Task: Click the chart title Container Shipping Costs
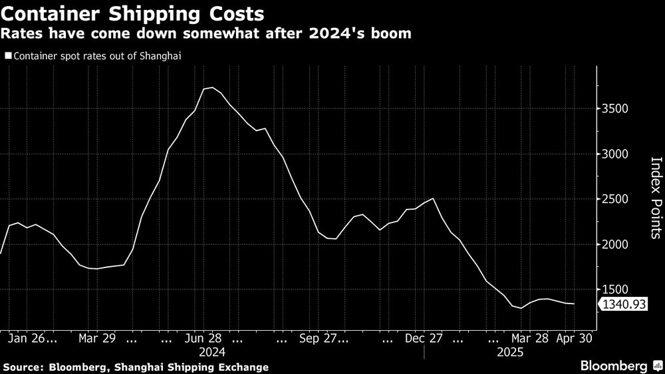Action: [x=132, y=13]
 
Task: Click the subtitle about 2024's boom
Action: [x=206, y=33]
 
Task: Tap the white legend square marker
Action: [x=8, y=56]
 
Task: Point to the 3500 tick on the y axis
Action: [x=615, y=109]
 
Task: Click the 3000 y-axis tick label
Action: [x=615, y=154]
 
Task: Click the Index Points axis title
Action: [x=655, y=198]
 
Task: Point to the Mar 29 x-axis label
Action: [x=97, y=338]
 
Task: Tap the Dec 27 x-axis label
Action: [x=424, y=338]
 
